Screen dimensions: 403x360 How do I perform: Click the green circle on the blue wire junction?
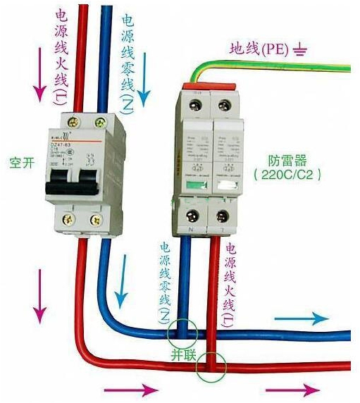click(x=182, y=330)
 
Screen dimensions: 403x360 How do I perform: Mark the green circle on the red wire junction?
click(x=211, y=365)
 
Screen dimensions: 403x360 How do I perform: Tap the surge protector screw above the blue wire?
click(x=190, y=215)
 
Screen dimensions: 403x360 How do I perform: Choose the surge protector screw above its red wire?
click(x=224, y=215)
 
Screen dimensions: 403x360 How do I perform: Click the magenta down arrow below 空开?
click(x=39, y=303)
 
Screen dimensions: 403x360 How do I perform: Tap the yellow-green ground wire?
click(x=282, y=66)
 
